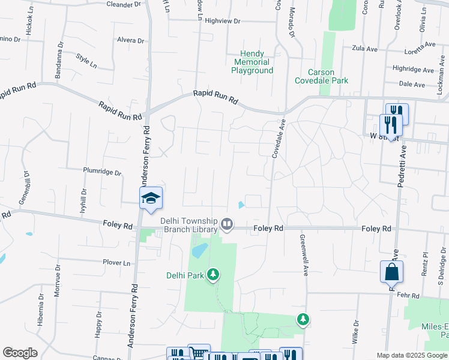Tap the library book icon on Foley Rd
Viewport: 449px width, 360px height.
pyautogui.click(x=227, y=225)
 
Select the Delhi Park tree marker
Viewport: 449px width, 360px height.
pyautogui.click(x=212, y=275)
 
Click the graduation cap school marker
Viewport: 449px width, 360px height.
pyautogui.click(x=151, y=199)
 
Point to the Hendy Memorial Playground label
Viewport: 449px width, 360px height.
pyautogui.click(x=252, y=62)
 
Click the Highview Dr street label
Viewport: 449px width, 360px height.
pyautogui.click(x=222, y=21)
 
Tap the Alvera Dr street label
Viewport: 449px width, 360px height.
pyautogui.click(x=131, y=41)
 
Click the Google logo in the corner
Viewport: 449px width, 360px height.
pyautogui.click(x=20, y=353)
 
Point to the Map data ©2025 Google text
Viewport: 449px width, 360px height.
pyautogui.click(x=412, y=355)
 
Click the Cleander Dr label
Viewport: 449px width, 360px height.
pyautogui.click(x=123, y=4)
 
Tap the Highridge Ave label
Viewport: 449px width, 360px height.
pyautogui.click(x=412, y=69)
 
